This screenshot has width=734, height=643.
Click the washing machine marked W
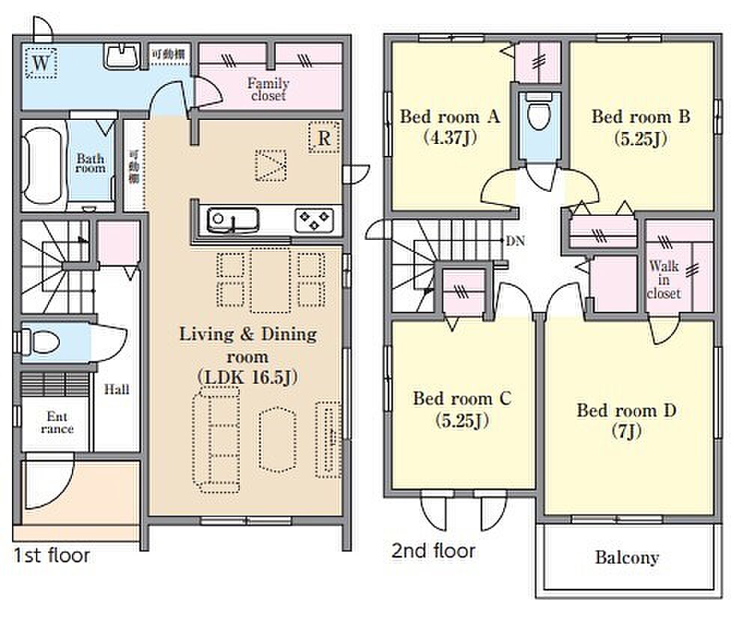click(x=41, y=62)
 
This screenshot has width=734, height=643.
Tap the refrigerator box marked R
click(x=324, y=137)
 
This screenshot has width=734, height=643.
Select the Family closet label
click(x=268, y=89)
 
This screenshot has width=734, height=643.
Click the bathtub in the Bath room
click(x=43, y=166)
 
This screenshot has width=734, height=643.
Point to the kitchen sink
click(x=233, y=220)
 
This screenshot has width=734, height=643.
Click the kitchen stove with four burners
click(x=314, y=220)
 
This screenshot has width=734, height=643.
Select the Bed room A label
click(x=449, y=116)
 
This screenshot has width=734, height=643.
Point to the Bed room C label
click(x=462, y=399)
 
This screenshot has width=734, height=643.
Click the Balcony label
click(x=627, y=558)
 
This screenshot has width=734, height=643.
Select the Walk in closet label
click(x=664, y=280)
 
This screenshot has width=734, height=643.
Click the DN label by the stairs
click(x=515, y=241)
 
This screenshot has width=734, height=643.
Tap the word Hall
click(x=117, y=389)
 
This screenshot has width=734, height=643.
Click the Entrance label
click(x=57, y=423)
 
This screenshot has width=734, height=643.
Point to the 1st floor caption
click(x=52, y=555)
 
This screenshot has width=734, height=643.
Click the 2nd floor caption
click(x=433, y=551)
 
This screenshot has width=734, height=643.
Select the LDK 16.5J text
click(x=248, y=377)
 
